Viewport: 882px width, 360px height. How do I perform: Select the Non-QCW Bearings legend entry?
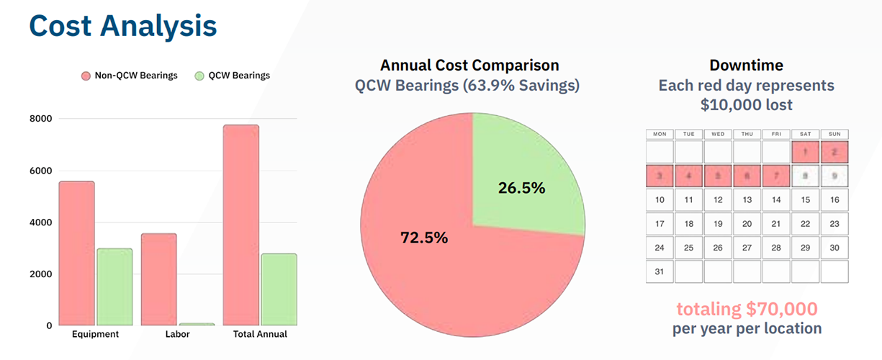pyautogui.click(x=129, y=76)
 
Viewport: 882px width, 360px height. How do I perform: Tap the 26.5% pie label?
pyautogui.click(x=521, y=188)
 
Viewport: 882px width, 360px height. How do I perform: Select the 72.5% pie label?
pyautogui.click(x=424, y=237)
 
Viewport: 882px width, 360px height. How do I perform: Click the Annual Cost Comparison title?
pyautogui.click(x=469, y=66)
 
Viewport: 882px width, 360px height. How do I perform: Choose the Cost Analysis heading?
pyautogui.click(x=123, y=26)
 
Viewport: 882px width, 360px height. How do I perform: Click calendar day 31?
pyautogui.click(x=660, y=271)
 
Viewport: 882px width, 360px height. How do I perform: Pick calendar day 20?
pyautogui.click(x=747, y=224)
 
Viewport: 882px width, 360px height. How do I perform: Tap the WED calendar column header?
pyautogui.click(x=718, y=134)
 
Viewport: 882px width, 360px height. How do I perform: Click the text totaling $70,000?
pyautogui.click(x=747, y=310)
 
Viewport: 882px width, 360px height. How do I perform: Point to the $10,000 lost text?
pyautogui.click(x=747, y=105)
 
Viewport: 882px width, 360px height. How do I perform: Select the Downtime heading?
pyautogui.click(x=747, y=66)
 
